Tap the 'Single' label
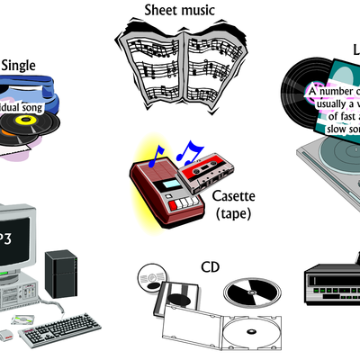19,65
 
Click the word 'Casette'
233,197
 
